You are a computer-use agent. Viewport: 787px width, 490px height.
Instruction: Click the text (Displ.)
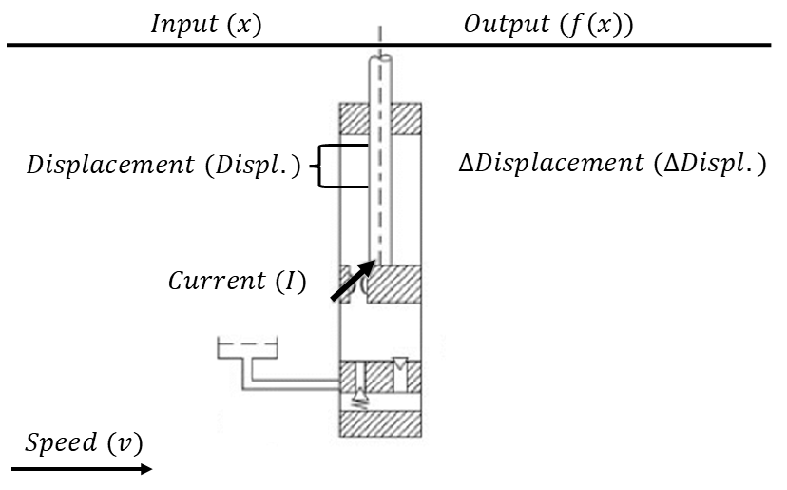tap(257, 167)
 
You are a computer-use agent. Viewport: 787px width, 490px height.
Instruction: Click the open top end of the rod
tap(380, 59)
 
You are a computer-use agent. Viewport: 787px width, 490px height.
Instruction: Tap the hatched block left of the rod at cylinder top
tap(355, 118)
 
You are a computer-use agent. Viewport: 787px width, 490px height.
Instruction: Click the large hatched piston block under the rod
tap(393, 284)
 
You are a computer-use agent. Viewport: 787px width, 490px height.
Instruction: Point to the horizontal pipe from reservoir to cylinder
tap(295, 384)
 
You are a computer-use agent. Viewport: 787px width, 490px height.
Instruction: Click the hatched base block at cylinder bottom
tap(380, 424)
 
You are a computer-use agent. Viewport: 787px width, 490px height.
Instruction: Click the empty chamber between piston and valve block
tap(380, 333)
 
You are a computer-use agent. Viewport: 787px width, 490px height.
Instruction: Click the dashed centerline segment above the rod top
tap(380, 40)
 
